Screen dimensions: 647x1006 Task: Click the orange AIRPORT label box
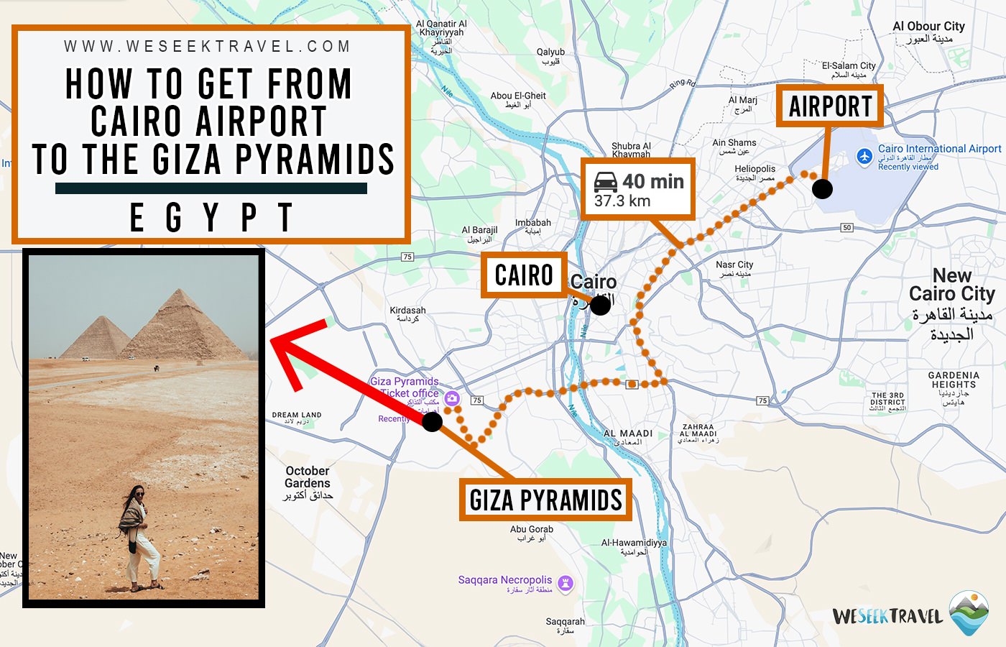click(x=830, y=106)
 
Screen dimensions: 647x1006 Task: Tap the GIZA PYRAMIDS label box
click(x=545, y=500)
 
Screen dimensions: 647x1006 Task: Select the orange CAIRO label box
click(x=524, y=275)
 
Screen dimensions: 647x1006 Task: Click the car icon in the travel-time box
click(x=606, y=181)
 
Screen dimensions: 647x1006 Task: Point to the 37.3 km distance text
click(x=622, y=201)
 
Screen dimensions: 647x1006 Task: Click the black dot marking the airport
click(x=822, y=189)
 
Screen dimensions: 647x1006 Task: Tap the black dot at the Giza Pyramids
click(x=432, y=422)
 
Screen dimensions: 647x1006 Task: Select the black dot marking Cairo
click(x=600, y=305)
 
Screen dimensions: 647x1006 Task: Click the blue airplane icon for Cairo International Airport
click(x=864, y=156)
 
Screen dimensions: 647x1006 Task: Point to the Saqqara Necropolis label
click(x=505, y=580)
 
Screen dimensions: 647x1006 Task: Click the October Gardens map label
click(x=308, y=477)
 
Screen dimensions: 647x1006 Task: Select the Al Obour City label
click(x=928, y=27)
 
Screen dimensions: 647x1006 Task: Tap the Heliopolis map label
click(x=754, y=169)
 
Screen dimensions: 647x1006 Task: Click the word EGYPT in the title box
click(x=211, y=217)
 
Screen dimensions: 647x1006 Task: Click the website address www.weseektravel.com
click(x=207, y=47)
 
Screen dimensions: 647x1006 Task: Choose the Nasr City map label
click(x=734, y=265)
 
